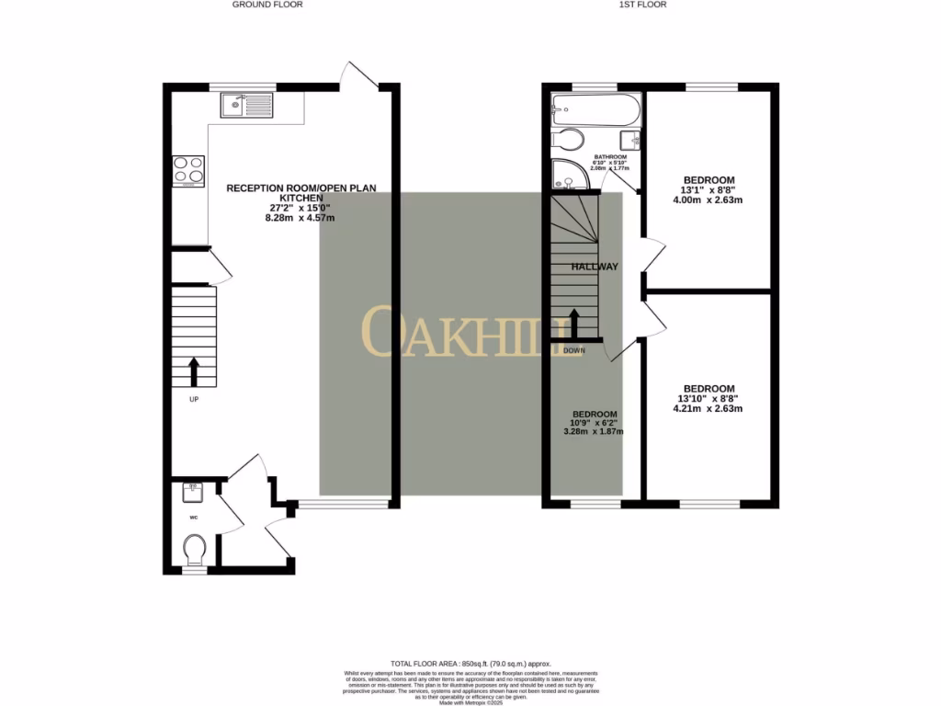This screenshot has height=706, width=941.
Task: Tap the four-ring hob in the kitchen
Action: tap(188, 171)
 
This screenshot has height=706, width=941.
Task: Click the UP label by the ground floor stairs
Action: tap(194, 399)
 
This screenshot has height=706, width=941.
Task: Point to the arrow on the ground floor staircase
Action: tap(194, 371)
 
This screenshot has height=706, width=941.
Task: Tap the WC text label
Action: tap(194, 518)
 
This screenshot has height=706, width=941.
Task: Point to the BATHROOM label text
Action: tap(610, 157)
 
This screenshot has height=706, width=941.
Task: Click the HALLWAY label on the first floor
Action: tap(595, 267)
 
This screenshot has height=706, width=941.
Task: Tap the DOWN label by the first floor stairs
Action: tap(575, 350)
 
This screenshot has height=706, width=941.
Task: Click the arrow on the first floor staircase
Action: tap(575, 324)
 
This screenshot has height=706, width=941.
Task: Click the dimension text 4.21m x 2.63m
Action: tap(709, 409)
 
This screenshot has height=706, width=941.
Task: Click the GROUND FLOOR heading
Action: tap(267, 5)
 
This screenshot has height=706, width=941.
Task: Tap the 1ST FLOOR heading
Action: tap(641, 5)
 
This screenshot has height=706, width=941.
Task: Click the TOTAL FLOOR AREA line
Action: tap(470, 663)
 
